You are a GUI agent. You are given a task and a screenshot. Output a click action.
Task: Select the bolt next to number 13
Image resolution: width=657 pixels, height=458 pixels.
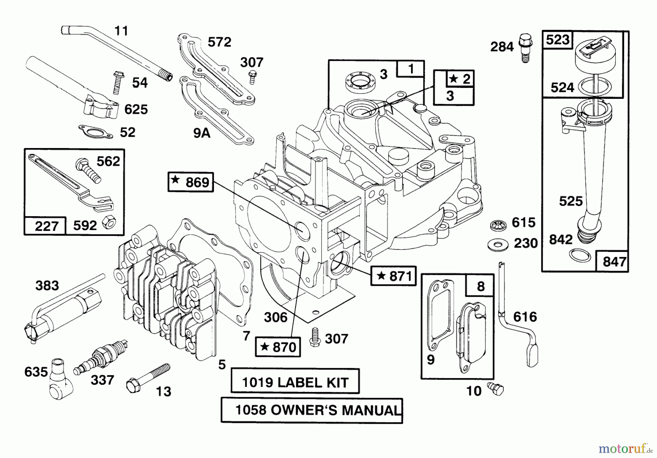(147, 378)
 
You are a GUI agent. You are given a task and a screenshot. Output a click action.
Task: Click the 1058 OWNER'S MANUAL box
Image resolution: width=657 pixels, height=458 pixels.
(312, 410)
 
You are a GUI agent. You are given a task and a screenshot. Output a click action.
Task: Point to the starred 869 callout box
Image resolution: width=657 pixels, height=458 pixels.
(191, 182)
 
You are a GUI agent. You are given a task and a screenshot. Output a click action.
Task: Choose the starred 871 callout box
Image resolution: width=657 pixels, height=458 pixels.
(393, 276)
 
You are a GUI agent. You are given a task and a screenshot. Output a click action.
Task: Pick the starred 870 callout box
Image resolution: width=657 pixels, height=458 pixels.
(278, 346)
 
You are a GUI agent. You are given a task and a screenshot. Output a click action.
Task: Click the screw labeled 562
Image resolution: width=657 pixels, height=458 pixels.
(88, 171)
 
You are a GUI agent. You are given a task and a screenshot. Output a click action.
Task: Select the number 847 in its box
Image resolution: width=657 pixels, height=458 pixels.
(614, 261)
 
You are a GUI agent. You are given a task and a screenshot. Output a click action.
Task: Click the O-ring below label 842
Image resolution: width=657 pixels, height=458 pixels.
(580, 255)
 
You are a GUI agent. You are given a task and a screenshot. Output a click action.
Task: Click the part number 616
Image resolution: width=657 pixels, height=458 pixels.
(525, 317)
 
